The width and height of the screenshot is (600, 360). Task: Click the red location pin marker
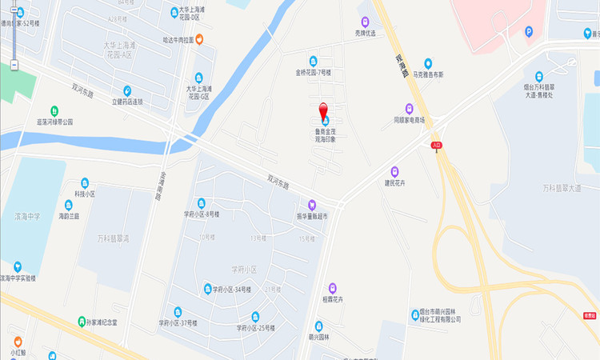tap(323, 111)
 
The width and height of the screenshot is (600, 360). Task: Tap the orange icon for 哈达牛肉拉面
tap(199, 38)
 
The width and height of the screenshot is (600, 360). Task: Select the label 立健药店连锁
tap(127, 102)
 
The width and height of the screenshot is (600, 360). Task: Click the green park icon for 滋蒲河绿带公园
tap(54, 110)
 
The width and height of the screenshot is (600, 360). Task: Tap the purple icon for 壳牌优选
tap(366, 22)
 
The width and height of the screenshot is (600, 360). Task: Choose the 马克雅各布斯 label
tap(428, 74)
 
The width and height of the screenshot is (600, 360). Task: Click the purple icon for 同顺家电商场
tap(409, 109)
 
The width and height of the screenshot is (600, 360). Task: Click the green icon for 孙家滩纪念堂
tap(81, 322)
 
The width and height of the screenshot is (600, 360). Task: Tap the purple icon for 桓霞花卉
tap(332, 288)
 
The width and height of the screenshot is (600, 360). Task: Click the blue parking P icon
tap(529, 31)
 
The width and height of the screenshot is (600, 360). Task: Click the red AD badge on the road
tap(437, 146)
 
